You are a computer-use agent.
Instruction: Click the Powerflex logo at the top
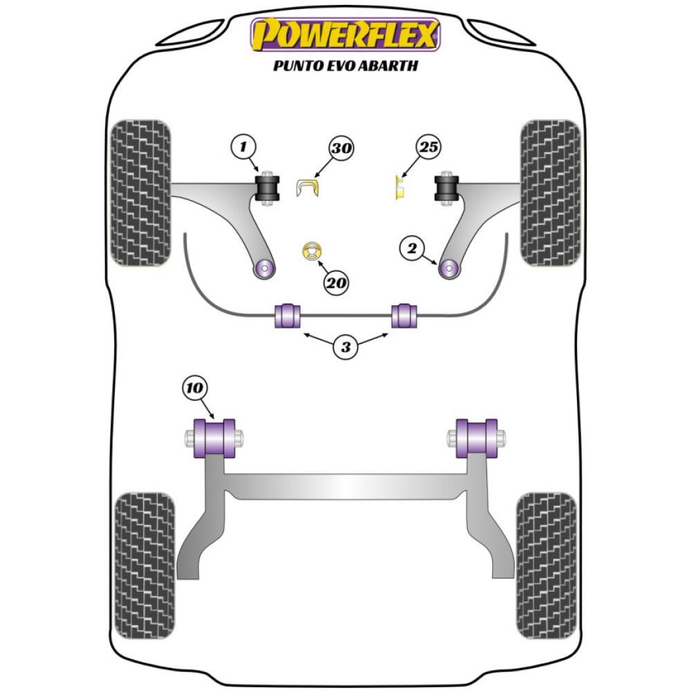[x=345, y=35]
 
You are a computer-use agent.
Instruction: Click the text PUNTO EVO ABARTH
[x=345, y=67]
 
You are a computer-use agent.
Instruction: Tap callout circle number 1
[x=243, y=147]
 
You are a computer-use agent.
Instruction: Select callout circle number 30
[x=340, y=148]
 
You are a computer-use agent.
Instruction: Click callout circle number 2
[x=411, y=247]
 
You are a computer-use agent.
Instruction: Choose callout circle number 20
[x=337, y=282]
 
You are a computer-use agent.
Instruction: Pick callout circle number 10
[x=195, y=389]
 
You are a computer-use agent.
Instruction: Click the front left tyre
[x=141, y=194]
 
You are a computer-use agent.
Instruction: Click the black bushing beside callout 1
[x=267, y=188]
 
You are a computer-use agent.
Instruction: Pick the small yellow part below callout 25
[x=399, y=188]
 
